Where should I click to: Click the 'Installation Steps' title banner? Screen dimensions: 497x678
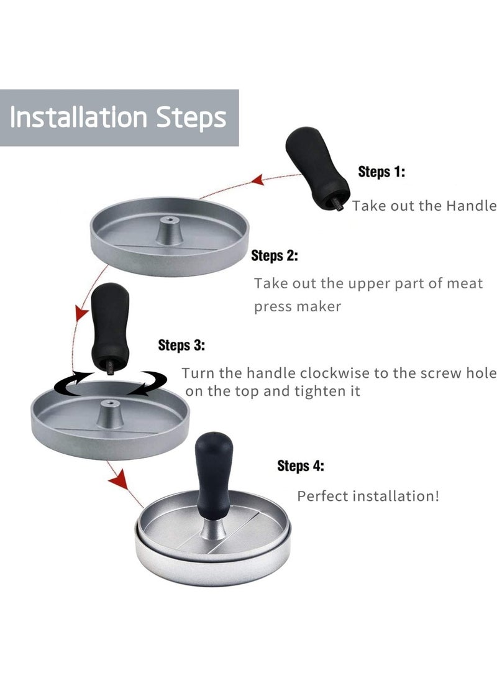pos(119,117)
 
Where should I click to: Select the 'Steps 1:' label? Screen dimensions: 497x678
pos(381,172)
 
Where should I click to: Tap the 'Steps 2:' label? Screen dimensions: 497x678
pos(275,255)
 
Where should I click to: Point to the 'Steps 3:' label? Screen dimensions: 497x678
pos(181,346)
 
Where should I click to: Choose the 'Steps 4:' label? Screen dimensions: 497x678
pos(300,466)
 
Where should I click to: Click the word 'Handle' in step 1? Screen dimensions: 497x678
pos(471,206)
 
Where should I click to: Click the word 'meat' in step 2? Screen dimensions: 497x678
pos(464,283)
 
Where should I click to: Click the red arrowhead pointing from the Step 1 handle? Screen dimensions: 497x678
pos(258,180)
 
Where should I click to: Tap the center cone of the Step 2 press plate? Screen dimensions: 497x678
pos(169,231)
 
